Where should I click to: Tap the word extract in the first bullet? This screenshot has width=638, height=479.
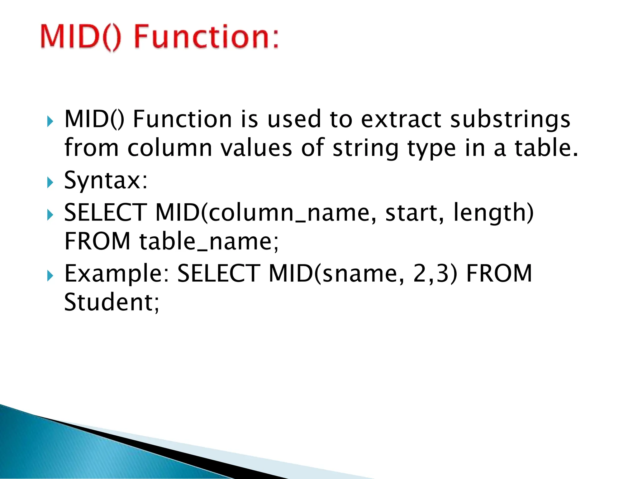pos(401,119)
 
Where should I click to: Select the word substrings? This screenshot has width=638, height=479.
pos(510,120)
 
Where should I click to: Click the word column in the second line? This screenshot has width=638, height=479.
pos(170,148)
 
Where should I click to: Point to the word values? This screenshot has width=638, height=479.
pos(256,148)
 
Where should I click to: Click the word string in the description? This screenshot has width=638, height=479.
pos(365,148)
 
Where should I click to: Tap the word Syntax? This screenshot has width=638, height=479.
pos(106,181)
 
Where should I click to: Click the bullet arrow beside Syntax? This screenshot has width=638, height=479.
pos(50,183)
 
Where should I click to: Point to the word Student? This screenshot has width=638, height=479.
pos(112,302)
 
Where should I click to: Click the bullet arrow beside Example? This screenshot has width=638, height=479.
pos(50,276)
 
